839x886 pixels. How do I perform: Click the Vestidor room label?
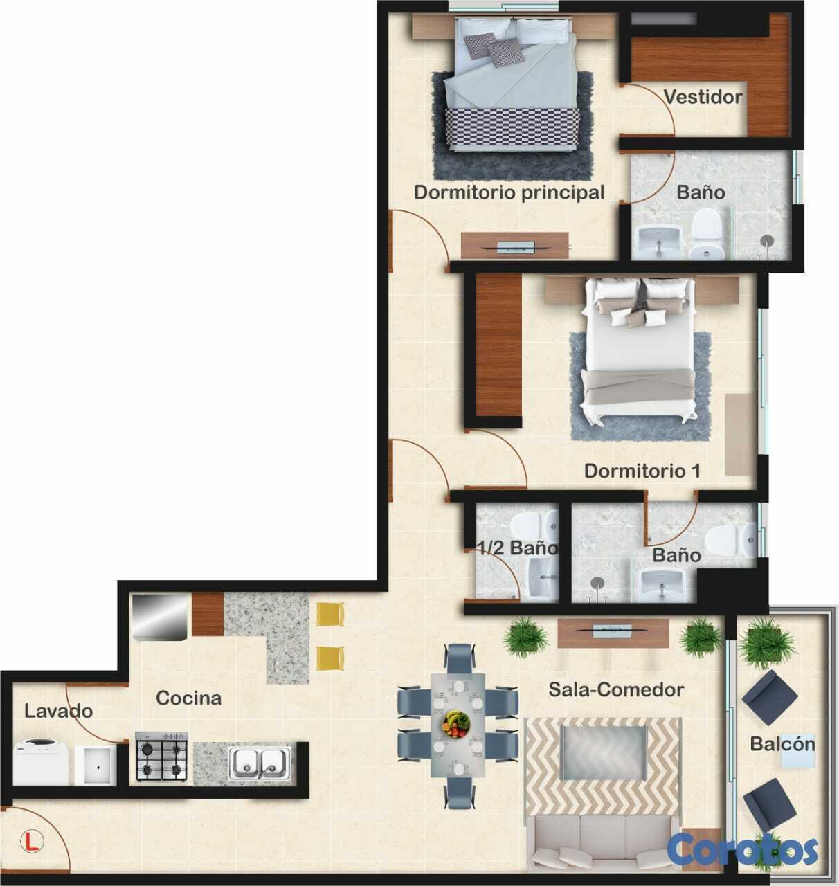703,97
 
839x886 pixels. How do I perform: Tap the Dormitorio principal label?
509,192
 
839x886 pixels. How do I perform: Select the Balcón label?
783,744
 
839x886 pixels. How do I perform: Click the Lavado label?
59,711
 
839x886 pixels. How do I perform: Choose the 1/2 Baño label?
517,548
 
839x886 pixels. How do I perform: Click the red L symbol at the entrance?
32,841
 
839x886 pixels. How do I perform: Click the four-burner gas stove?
162,757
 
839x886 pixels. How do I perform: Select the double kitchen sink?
260,763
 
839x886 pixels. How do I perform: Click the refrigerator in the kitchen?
160,617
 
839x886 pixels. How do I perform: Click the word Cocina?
189,698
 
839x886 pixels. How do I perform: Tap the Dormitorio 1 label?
642,471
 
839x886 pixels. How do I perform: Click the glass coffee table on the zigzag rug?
603,752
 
